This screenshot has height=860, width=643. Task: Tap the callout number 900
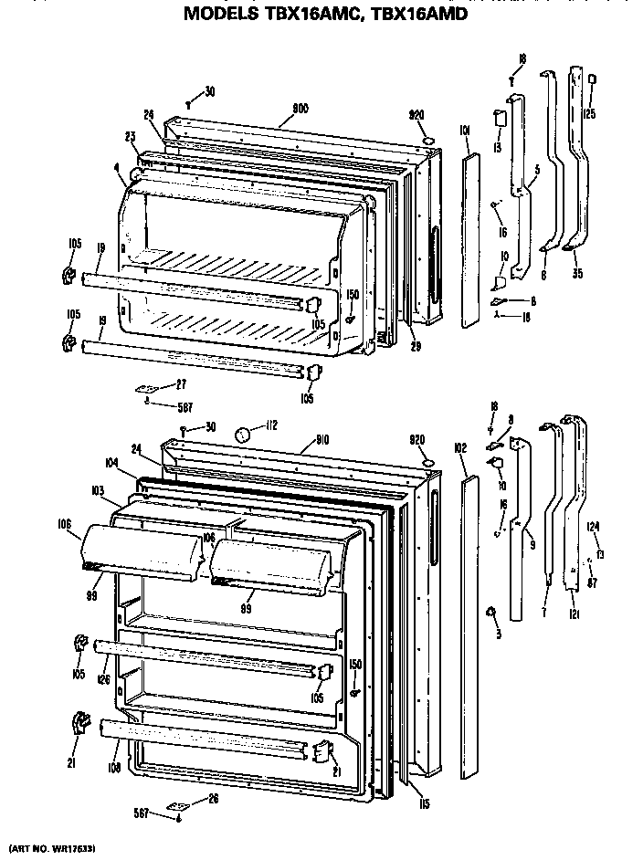click(300, 109)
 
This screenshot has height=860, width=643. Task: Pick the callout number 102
click(460, 448)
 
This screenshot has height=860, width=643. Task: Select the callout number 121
click(574, 616)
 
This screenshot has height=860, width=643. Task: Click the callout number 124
click(593, 526)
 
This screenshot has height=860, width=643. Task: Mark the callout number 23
click(131, 137)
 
